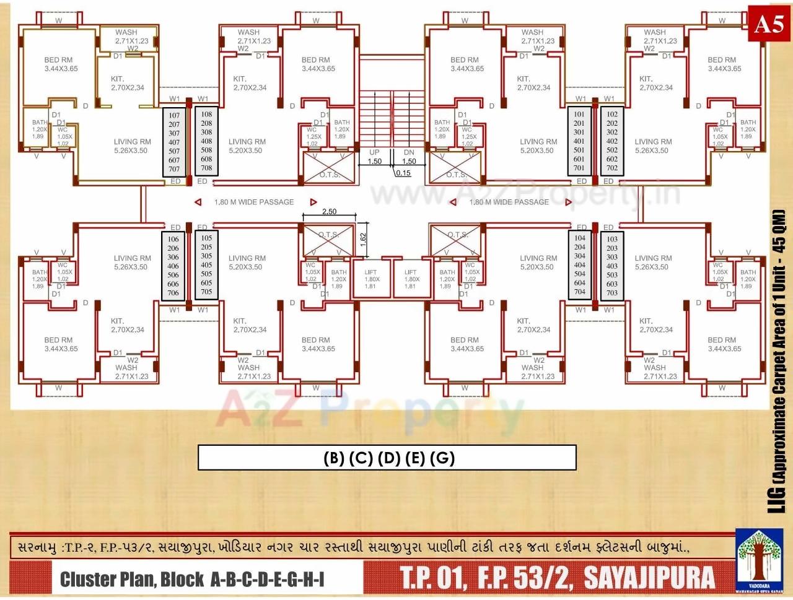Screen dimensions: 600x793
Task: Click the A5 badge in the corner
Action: pos(768,25)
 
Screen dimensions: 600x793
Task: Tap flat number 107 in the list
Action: pos(174,116)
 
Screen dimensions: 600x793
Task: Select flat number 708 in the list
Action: pos(206,168)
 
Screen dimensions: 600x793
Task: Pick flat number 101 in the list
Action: pos(579,115)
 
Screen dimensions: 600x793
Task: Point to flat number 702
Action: pos(612,168)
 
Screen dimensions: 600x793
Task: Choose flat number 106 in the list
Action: pos(173,239)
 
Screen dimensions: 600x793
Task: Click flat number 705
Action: pos(206,292)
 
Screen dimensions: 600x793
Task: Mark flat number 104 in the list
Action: pos(579,238)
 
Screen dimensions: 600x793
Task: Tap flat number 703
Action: pos(612,293)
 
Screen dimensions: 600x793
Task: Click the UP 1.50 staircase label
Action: pos(374,157)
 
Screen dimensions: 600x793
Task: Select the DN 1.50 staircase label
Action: pos(409,157)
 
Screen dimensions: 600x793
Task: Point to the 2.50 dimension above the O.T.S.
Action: pos(330,212)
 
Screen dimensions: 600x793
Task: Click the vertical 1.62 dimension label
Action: pos(363,237)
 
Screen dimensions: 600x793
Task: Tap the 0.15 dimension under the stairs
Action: pos(403,173)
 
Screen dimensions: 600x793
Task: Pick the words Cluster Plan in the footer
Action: pos(105,580)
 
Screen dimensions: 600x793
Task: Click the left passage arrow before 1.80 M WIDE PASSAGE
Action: pos(198,202)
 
